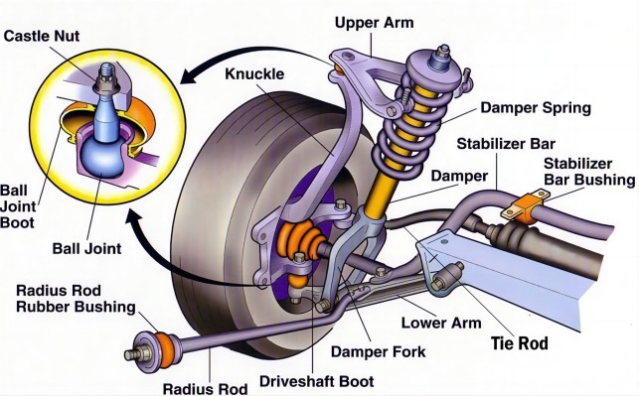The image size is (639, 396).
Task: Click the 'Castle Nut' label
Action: click(x=42, y=36)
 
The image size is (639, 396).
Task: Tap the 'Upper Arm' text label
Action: click(x=374, y=23)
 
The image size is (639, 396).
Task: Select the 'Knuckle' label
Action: click(x=254, y=74)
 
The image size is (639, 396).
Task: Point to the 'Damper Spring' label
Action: click(x=536, y=108)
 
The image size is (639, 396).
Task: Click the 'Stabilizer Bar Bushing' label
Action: click(x=589, y=172)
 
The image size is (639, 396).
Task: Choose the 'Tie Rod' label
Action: click(x=519, y=343)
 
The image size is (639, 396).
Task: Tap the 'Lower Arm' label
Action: click(x=441, y=324)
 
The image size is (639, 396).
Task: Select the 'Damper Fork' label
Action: click(x=379, y=351)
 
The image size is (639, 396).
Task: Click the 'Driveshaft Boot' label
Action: click(x=317, y=381)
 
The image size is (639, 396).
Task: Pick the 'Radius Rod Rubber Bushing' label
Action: click(x=76, y=299)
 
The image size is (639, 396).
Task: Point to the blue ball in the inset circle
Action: click(x=102, y=158)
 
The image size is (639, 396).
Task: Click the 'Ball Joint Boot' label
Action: click(x=18, y=206)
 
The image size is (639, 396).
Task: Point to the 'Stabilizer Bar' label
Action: click(x=506, y=144)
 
